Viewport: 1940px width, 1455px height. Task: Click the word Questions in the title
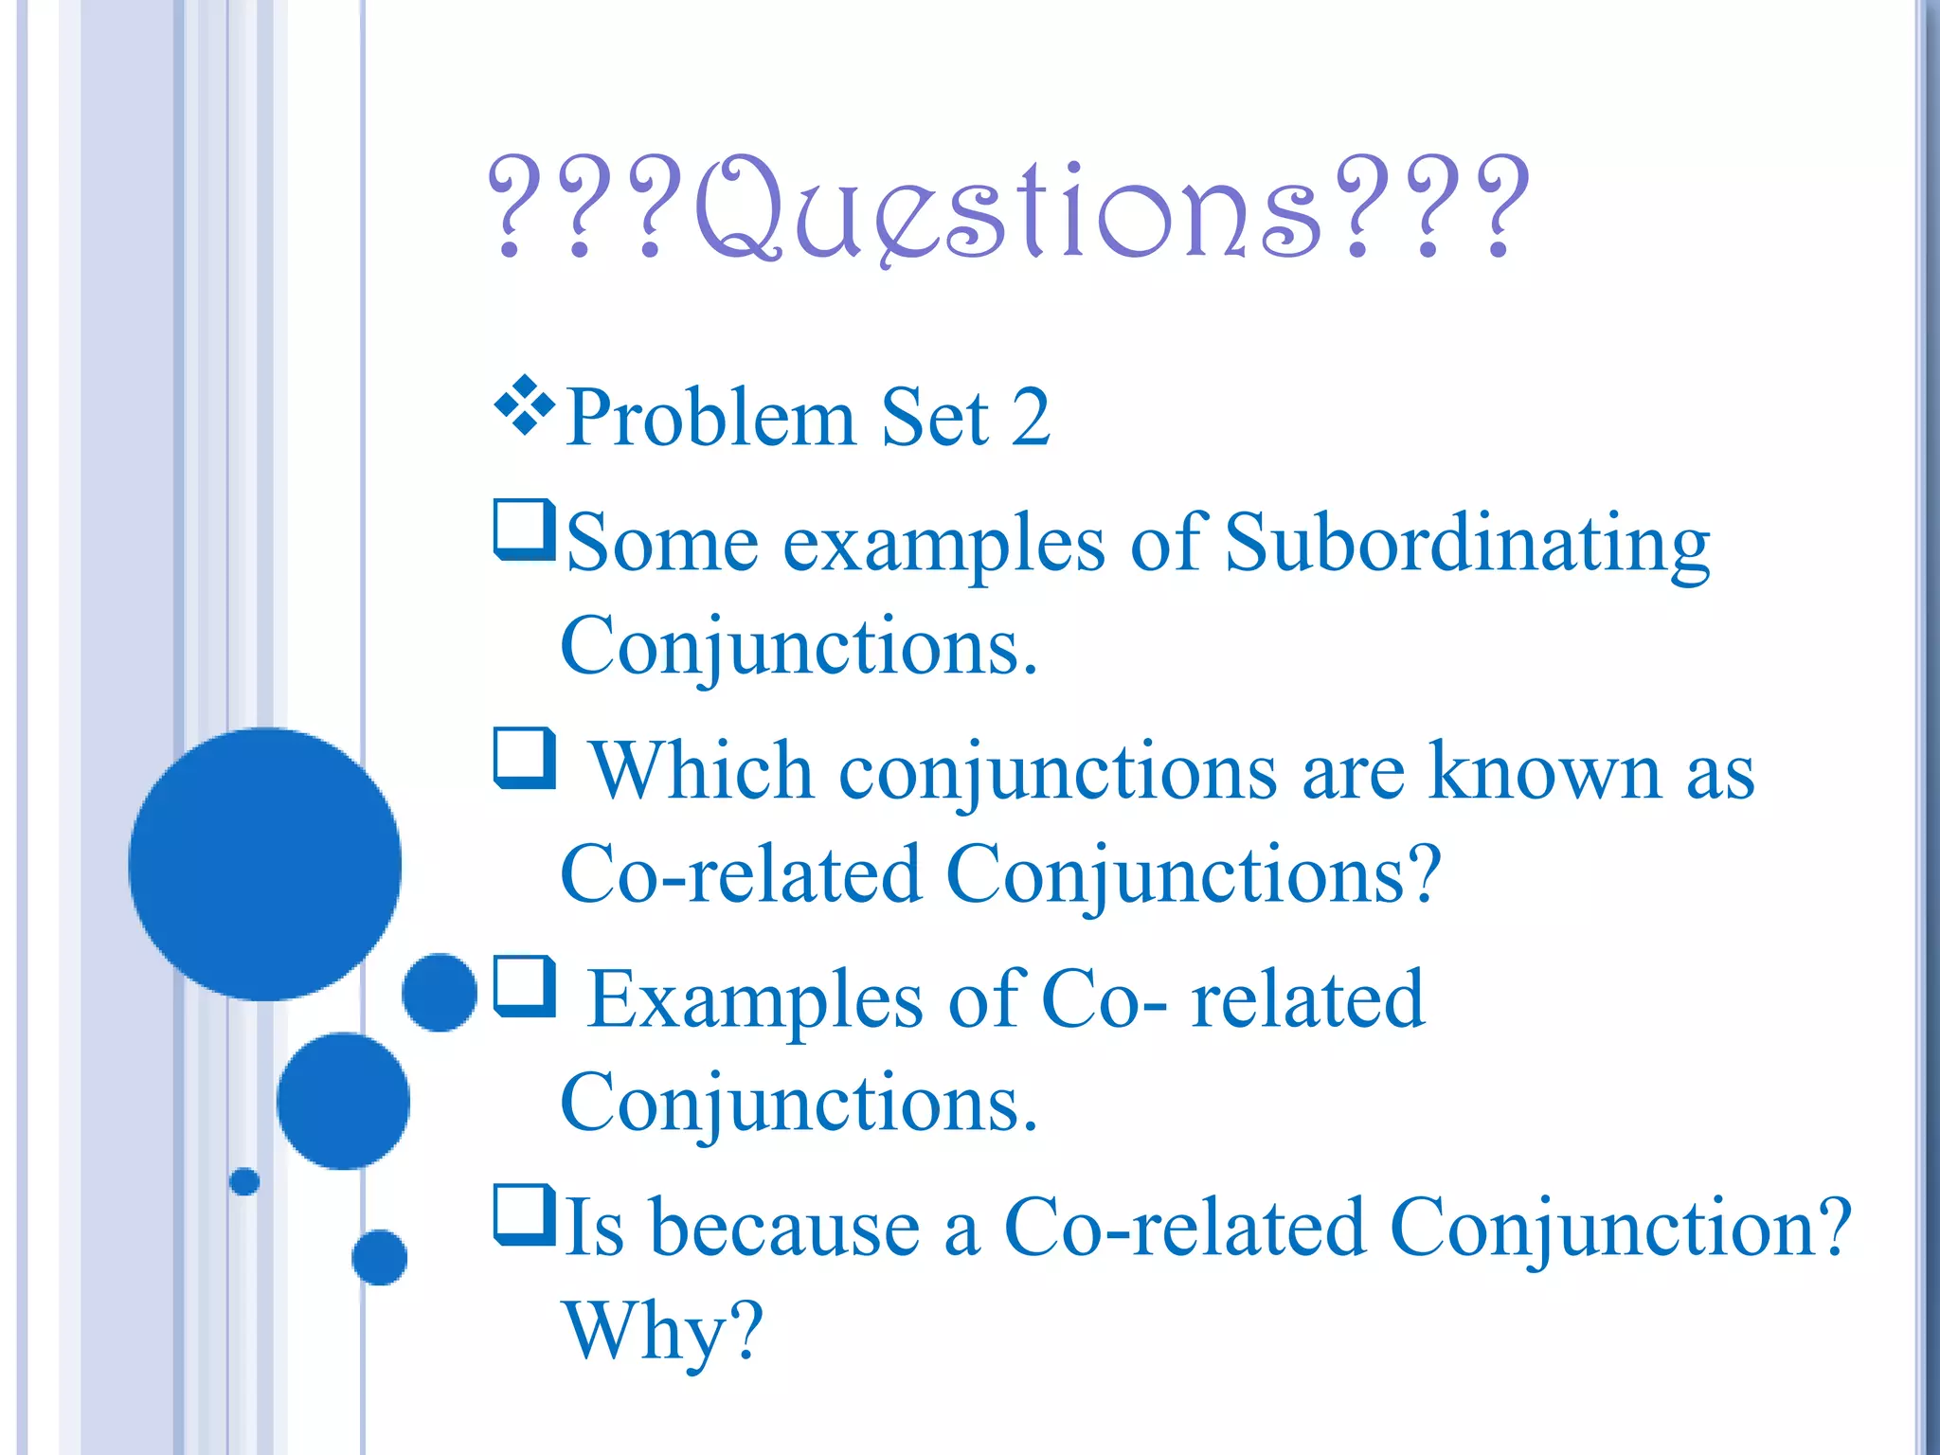pyautogui.click(x=1009, y=208)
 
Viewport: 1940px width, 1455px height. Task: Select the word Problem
pyautogui.click(x=710, y=418)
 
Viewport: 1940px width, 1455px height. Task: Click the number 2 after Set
pyautogui.click(x=1030, y=418)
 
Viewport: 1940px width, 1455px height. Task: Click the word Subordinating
pyautogui.click(x=1466, y=545)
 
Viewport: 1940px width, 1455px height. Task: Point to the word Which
pyautogui.click(x=702, y=772)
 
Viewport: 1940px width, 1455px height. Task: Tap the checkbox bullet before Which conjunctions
pyautogui.click(x=524, y=757)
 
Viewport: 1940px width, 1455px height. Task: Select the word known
pyautogui.click(x=1544, y=772)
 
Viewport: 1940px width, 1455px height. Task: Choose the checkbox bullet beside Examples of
pyautogui.click(x=524, y=986)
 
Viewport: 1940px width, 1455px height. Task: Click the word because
pyautogui.click(x=785, y=1229)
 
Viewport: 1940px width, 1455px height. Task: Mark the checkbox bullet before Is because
pyautogui.click(x=524, y=1213)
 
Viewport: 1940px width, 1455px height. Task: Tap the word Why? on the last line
pyautogui.click(x=663, y=1332)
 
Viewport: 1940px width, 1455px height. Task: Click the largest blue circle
pyautogui.click(x=265, y=864)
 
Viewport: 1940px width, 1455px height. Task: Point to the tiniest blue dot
pyautogui.click(x=244, y=1181)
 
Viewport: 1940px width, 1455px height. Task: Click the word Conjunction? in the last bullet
pyautogui.click(x=1620, y=1229)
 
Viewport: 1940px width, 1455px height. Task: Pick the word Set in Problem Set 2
pyautogui.click(x=934, y=418)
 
